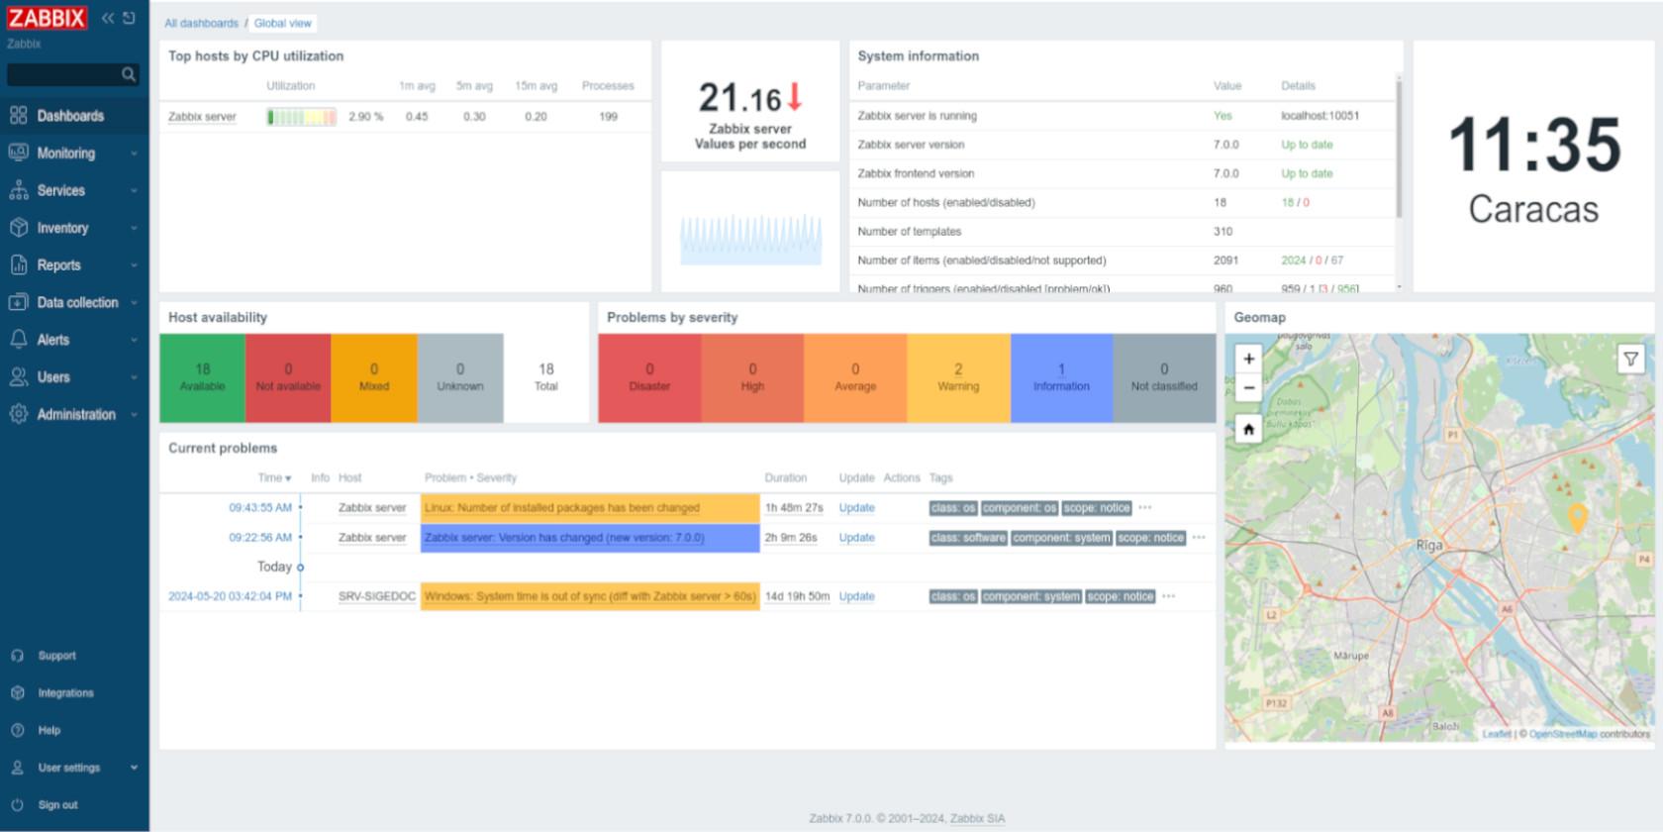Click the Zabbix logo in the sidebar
point(47,18)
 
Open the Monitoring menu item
point(66,154)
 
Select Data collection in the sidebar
point(77,303)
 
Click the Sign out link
point(57,805)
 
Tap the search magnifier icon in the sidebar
point(128,74)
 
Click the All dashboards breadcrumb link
point(201,23)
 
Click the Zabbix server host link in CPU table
point(202,117)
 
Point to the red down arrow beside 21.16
point(794,97)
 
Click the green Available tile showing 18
point(202,376)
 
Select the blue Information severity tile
point(1061,376)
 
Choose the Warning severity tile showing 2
point(957,376)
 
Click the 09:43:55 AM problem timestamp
point(260,508)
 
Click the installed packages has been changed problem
point(561,508)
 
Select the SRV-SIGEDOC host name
point(376,596)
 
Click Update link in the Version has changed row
point(856,538)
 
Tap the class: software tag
point(967,538)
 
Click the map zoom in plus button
point(1248,359)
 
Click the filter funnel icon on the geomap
point(1630,359)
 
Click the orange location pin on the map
point(1577,516)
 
